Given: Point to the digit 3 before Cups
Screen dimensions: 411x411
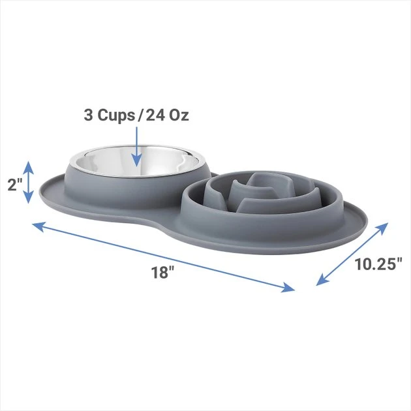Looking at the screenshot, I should [x=89, y=115].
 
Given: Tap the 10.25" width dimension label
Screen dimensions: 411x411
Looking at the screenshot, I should [x=378, y=264].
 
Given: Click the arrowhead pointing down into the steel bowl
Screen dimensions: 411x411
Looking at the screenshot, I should [x=136, y=159].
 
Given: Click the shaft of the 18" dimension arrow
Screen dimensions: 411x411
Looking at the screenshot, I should [x=163, y=256].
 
